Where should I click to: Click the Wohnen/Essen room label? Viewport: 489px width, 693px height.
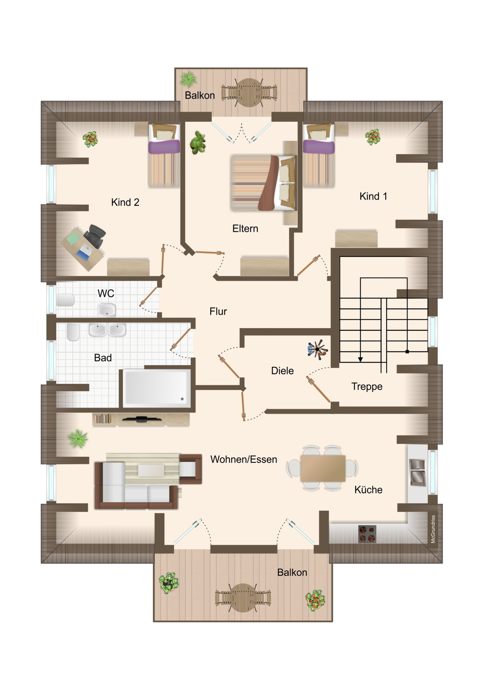coord(244,459)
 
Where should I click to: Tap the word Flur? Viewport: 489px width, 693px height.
coord(218,311)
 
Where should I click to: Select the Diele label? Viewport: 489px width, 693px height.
coord(282,370)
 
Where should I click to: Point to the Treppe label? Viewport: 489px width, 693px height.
coord(367,387)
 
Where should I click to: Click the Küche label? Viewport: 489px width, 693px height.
coord(368,489)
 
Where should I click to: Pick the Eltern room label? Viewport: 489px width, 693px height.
coord(245,228)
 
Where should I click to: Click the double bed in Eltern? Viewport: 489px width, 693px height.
coord(263,183)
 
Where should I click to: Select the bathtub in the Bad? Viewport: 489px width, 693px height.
coord(157,388)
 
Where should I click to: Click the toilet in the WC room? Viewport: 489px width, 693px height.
coord(65,300)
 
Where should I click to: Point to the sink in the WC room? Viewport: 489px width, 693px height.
coord(107,310)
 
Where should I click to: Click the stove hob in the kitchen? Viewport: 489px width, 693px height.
coord(367,534)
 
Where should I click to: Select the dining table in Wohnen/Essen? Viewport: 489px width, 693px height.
coord(323,468)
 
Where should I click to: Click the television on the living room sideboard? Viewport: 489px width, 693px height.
coord(141,419)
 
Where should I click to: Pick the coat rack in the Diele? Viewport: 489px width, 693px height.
coord(317,349)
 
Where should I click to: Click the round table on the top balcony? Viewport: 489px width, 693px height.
coord(249,92)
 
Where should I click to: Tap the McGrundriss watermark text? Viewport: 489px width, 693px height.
coord(433,529)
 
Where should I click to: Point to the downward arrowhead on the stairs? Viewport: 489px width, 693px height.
coord(360,359)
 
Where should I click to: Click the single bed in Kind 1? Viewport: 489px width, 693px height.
coord(319,155)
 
